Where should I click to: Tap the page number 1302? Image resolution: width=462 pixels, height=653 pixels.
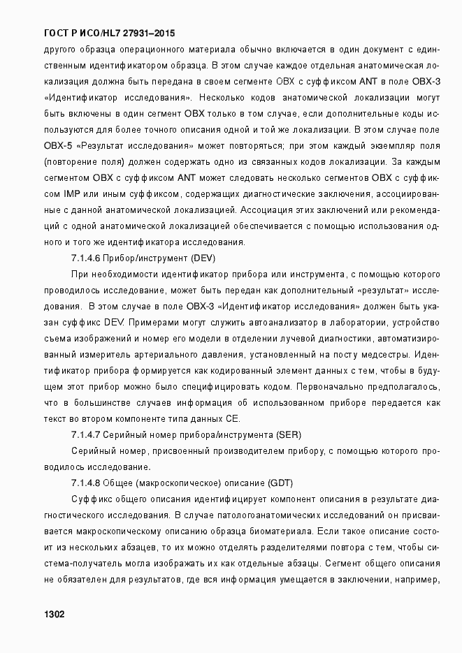pos(55,615)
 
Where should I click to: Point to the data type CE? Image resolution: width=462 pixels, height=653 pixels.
pos(233,419)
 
